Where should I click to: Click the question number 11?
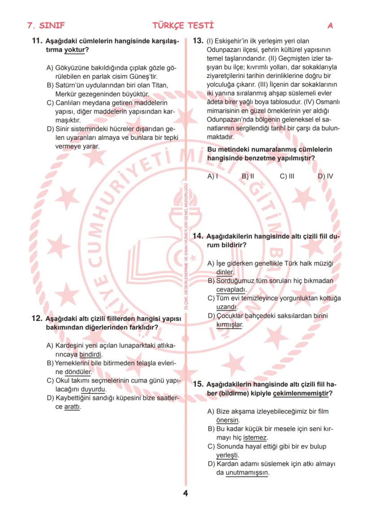click(37, 41)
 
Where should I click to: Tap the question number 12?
click(37, 318)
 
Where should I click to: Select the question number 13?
click(198, 41)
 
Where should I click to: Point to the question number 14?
click(198, 236)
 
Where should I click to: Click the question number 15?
click(198, 384)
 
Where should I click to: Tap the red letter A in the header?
click(330, 26)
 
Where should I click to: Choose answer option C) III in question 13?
click(287, 176)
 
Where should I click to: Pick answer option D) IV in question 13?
click(325, 176)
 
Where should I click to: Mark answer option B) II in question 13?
click(248, 176)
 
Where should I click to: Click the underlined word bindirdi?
click(91, 354)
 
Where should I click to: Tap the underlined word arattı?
click(72, 406)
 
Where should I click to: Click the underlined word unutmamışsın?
click(247, 473)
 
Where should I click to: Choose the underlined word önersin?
click(227, 420)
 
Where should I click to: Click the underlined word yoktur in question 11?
click(74, 49)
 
